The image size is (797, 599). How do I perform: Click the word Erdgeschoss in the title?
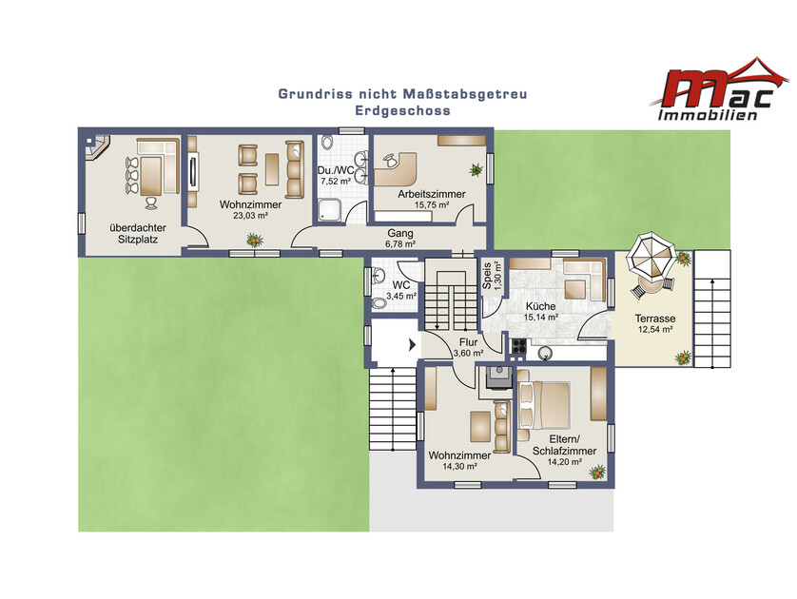pyautogui.click(x=402, y=110)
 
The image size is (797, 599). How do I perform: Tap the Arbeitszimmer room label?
pyautogui.click(x=432, y=194)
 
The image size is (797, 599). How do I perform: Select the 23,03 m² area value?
pyautogui.click(x=250, y=216)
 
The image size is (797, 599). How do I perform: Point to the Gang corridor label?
pyautogui.click(x=400, y=234)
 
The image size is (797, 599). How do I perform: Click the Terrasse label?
pyautogui.click(x=655, y=319)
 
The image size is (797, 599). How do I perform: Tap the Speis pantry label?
pyautogui.click(x=488, y=276)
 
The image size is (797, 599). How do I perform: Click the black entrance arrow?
pyautogui.click(x=412, y=345)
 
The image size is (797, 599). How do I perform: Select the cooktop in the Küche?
pyautogui.click(x=519, y=346)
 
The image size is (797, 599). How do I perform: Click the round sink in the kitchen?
pyautogui.click(x=546, y=353)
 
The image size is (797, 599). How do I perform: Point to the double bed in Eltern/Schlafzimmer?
pyautogui.click(x=544, y=406)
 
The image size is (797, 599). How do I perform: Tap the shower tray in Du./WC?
pyautogui.click(x=331, y=210)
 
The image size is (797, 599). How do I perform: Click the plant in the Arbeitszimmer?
pyautogui.click(x=476, y=169)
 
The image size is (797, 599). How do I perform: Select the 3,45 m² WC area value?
pyautogui.click(x=401, y=296)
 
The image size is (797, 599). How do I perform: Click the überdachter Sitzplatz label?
pyautogui.click(x=138, y=234)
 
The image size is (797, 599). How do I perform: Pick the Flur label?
pyautogui.click(x=468, y=342)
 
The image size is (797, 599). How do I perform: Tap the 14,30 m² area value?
pyautogui.click(x=459, y=466)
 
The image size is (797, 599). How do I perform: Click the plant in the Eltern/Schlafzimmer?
pyautogui.click(x=597, y=472)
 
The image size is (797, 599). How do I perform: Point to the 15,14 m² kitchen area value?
pyautogui.click(x=541, y=318)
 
